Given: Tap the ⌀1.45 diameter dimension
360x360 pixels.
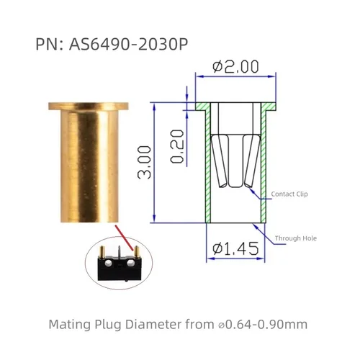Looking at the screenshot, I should pyautogui.click(x=235, y=250).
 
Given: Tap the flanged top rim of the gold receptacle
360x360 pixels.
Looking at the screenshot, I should pyautogui.click(x=89, y=107).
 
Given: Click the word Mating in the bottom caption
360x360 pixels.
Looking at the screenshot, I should pyautogui.click(x=70, y=324).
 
